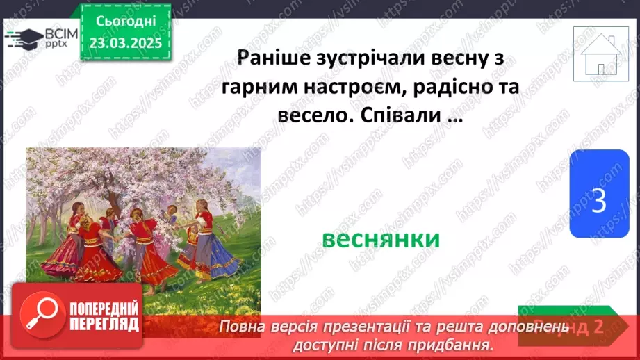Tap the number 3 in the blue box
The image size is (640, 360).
pyautogui.click(x=598, y=202)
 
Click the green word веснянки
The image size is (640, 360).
pyautogui.click(x=381, y=239)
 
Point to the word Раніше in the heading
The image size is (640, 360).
pyautogui.click(x=271, y=57)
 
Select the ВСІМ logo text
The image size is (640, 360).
pyautogui.click(x=61, y=35)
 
